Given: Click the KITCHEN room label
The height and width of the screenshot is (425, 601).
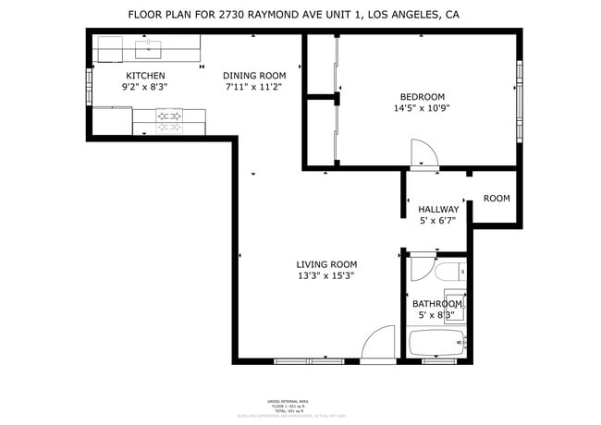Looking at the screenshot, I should click(145, 76).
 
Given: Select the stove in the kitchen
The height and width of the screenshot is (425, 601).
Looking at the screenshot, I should click(169, 116).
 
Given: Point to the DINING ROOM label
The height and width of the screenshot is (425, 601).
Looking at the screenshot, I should click(254, 76).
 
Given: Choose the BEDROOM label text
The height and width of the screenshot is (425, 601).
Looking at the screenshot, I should click(423, 97).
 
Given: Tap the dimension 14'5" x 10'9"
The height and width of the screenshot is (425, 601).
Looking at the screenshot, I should click(423, 108).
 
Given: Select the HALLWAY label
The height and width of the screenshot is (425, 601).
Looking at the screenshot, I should click(438, 210).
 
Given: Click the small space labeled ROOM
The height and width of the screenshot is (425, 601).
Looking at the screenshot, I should click(497, 199).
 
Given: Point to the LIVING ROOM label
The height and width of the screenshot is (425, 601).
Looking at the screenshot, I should click(325, 264).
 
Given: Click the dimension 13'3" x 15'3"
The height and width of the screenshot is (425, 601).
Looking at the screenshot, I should click(325, 275).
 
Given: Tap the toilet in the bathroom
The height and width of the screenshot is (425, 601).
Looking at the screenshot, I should click(452, 273).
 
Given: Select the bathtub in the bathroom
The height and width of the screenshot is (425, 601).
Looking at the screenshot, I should click(437, 344).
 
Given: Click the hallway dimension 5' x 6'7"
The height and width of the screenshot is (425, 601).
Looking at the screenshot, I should click(438, 221).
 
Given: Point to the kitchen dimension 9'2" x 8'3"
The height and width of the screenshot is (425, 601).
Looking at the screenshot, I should click(145, 87).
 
